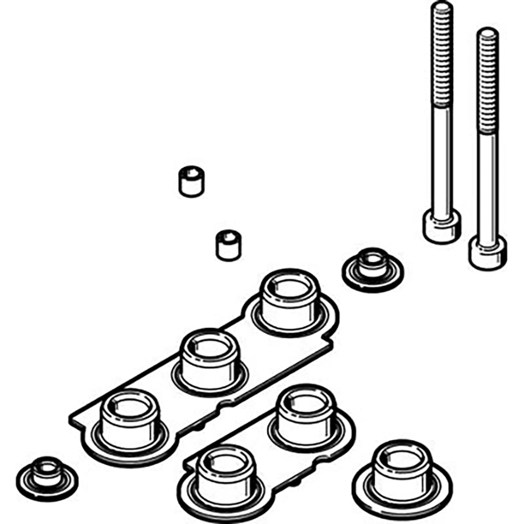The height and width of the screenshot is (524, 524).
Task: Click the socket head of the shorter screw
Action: click(488, 252)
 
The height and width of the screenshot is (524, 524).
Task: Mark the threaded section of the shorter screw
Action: click(488, 82)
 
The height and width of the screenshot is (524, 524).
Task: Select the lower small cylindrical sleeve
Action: click(228, 245)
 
